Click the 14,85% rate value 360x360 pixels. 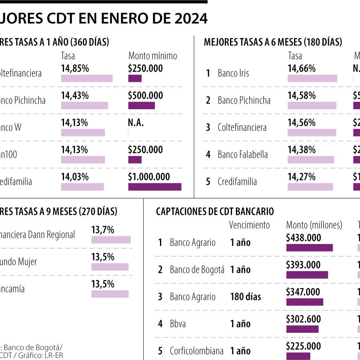point(75,68)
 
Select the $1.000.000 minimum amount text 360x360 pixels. point(149,177)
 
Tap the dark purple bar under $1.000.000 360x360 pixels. point(154,187)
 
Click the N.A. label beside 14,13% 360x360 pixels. point(136,123)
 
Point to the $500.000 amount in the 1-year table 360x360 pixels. point(146,96)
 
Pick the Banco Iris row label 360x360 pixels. point(233,73)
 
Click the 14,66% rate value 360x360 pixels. point(302,68)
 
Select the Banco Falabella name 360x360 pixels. point(242,154)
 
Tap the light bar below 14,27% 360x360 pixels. point(310,187)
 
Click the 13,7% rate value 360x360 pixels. point(103,230)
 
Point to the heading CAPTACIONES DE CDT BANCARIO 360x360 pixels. point(215,212)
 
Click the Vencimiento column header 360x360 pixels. point(249,225)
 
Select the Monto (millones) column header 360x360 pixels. point(314,225)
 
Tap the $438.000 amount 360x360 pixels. point(303,238)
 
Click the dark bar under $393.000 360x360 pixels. point(307,275)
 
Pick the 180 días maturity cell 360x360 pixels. point(245,297)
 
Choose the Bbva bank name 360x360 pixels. point(178,324)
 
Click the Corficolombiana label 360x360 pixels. point(196,351)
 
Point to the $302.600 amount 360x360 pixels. point(303,319)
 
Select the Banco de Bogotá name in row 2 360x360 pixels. point(197,270)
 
